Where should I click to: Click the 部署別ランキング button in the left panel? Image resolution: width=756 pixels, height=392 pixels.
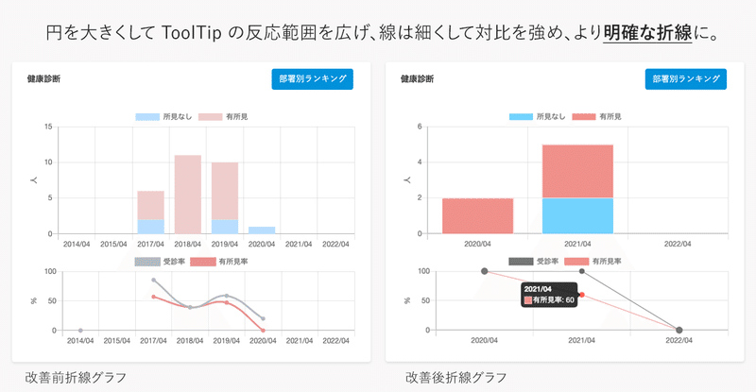coord(312,79)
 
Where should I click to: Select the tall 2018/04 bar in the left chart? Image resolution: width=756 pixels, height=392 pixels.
coord(187,194)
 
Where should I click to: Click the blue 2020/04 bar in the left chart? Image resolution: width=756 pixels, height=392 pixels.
coord(262,230)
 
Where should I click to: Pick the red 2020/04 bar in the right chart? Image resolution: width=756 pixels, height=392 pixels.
coord(477,215)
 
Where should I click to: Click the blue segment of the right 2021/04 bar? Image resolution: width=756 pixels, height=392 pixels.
coord(577,215)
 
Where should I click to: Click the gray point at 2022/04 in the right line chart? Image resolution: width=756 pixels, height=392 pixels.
coord(679,330)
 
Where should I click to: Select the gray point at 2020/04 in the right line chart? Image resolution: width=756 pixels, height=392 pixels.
coord(485,271)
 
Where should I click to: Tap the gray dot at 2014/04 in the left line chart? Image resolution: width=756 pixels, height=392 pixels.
coord(80,330)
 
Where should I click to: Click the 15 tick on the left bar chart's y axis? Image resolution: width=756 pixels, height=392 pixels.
coord(48,127)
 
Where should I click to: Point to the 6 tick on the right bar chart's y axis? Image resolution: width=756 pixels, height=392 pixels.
coord(425,127)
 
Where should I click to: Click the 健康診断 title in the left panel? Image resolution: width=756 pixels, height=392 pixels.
coord(45,80)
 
